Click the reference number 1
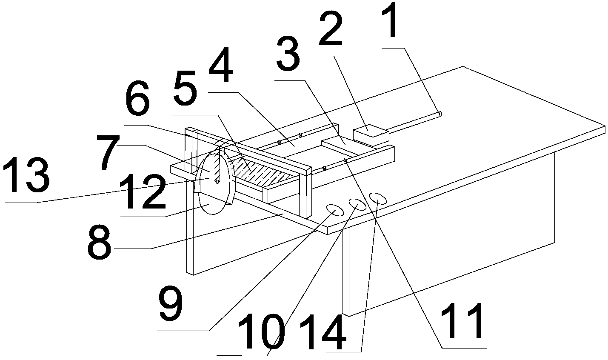pos(391,21)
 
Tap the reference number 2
pos(330,30)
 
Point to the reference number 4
pos(221,65)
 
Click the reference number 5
pos(185,88)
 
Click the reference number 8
pos(99,242)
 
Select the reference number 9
pos(171,303)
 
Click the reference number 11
pos(462,321)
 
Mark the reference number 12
pos(142,192)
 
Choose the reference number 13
pos(26,174)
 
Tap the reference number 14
pos(323,332)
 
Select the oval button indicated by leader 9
pos(335,210)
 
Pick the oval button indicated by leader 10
pos(357,204)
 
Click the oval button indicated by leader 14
pos(378,198)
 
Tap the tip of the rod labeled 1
pos(440,114)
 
